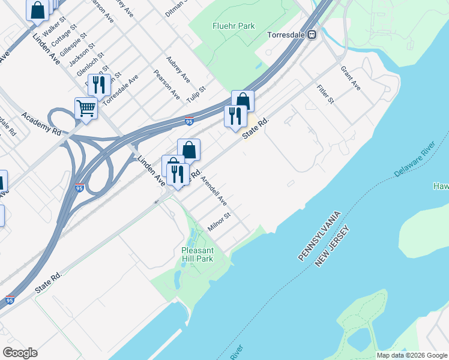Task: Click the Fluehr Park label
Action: tap(234, 26)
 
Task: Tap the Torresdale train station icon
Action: tap(312, 35)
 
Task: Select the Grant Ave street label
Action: tap(350, 78)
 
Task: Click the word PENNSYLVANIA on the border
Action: tap(320, 235)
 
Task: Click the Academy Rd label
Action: tap(41, 123)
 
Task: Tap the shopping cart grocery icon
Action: tap(86, 108)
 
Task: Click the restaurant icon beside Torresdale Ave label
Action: tap(99, 85)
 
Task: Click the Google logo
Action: tap(20, 352)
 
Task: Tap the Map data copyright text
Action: tap(411, 355)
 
